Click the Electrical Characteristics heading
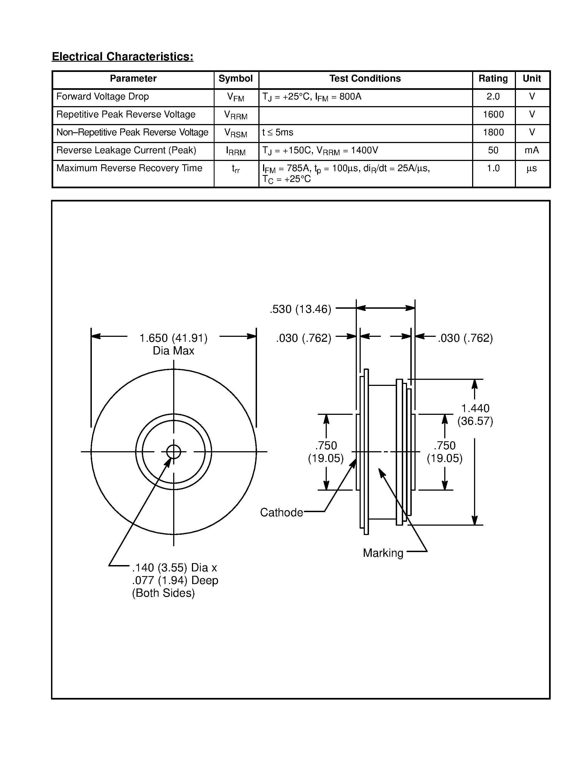click(122, 57)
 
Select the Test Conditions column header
click(365, 79)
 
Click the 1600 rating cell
click(493, 115)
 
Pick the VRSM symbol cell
click(236, 133)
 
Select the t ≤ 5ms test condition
click(278, 132)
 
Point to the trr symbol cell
click(236, 169)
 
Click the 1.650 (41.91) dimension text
click(173, 338)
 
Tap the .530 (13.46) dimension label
click(300, 309)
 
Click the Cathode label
click(281, 512)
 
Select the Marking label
click(383, 553)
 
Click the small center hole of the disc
click(173, 451)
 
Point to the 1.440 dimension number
click(475, 408)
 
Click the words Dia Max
click(173, 351)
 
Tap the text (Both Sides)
click(163, 593)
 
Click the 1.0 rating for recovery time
click(493, 168)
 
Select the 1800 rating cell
click(493, 132)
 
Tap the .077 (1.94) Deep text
click(175, 580)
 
